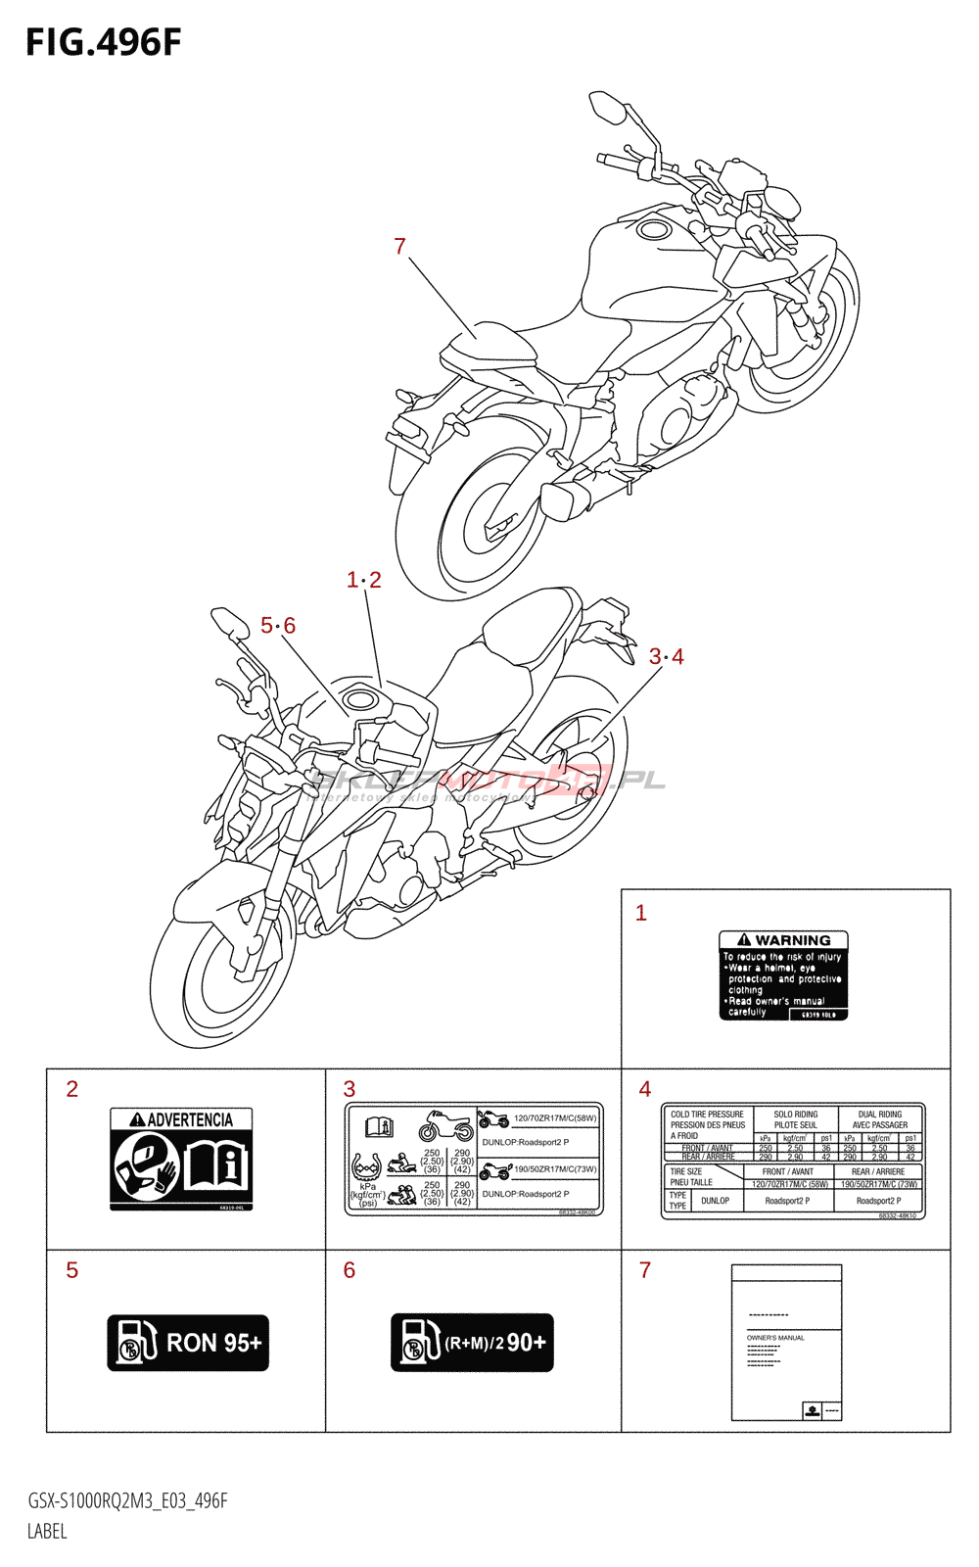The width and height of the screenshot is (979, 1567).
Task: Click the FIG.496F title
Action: pyautogui.click(x=104, y=43)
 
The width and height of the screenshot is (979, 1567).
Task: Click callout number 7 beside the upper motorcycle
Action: pyautogui.click(x=399, y=247)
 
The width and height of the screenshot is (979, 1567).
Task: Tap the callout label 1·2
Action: pyautogui.click(x=364, y=580)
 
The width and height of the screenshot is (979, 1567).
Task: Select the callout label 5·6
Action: pyautogui.click(x=278, y=626)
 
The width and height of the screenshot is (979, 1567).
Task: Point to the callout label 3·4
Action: pyautogui.click(x=667, y=657)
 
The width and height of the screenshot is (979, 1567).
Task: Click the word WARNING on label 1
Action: pyautogui.click(x=792, y=940)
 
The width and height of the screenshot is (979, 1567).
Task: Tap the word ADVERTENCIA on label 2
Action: pyautogui.click(x=190, y=1119)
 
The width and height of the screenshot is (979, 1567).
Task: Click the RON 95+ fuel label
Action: pyautogui.click(x=188, y=1343)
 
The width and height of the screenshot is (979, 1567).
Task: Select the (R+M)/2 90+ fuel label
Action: pyautogui.click(x=472, y=1343)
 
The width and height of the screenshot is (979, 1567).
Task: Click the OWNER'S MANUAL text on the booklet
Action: pyautogui.click(x=775, y=1338)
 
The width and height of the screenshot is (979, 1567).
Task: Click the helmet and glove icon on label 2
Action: pyautogui.click(x=145, y=1164)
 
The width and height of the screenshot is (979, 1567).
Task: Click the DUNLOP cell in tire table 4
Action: pyautogui.click(x=715, y=1201)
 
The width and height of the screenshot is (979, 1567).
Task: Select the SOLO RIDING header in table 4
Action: pyautogui.click(x=796, y=1115)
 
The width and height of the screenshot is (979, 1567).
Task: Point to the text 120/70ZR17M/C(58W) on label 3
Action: pyautogui.click(x=555, y=1118)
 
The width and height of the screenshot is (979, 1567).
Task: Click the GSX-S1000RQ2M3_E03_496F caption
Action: pyautogui.click(x=127, y=1501)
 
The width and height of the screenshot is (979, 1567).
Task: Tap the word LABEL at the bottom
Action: pyautogui.click(x=47, y=1532)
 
